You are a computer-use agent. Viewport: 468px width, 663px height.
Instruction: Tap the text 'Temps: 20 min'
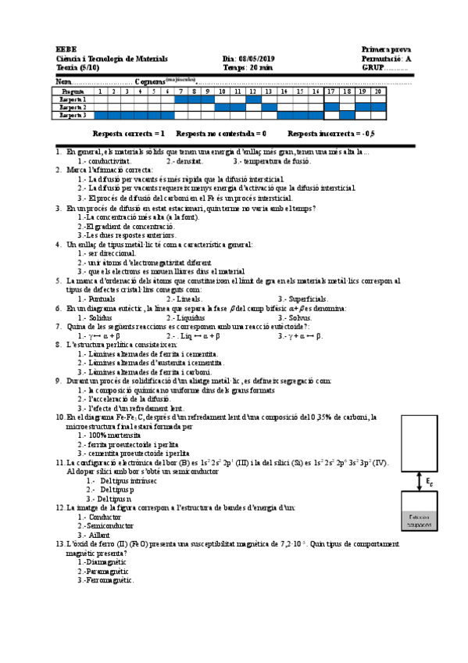248,68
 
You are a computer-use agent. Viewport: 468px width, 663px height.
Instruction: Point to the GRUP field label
373,68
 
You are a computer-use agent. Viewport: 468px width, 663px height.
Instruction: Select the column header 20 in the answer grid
378,91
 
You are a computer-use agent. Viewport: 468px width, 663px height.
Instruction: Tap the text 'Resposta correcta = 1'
129,134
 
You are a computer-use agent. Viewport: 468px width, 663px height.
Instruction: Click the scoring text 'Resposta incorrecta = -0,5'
331,134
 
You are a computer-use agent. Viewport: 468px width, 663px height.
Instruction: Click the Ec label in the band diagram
429,482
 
